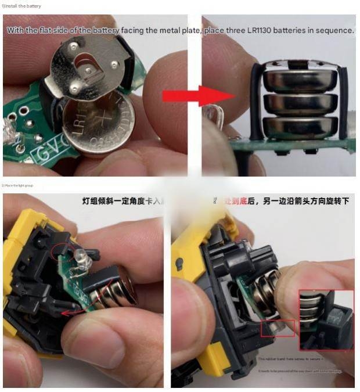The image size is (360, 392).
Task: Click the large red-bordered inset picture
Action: pyautogui.click(x=326, y=319)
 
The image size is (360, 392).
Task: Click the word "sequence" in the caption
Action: pyautogui.click(x=332, y=30)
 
